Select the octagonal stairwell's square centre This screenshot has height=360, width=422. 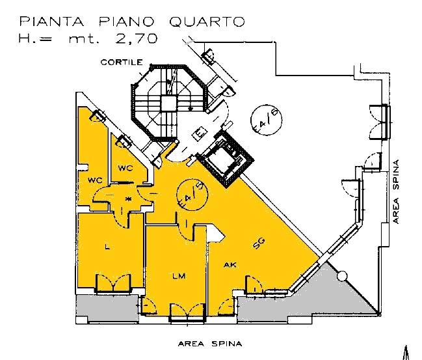pos(168,104)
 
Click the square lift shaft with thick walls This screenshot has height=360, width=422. pos(224,159)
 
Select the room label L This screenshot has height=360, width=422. pos(107,247)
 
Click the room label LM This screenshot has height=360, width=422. pos(179,276)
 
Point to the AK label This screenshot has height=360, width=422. pos(230,265)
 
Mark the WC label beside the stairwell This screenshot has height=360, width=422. pos(125,168)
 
